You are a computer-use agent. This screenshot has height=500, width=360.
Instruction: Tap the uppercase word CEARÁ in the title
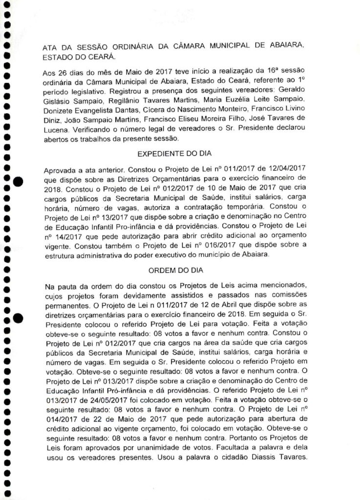100,57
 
